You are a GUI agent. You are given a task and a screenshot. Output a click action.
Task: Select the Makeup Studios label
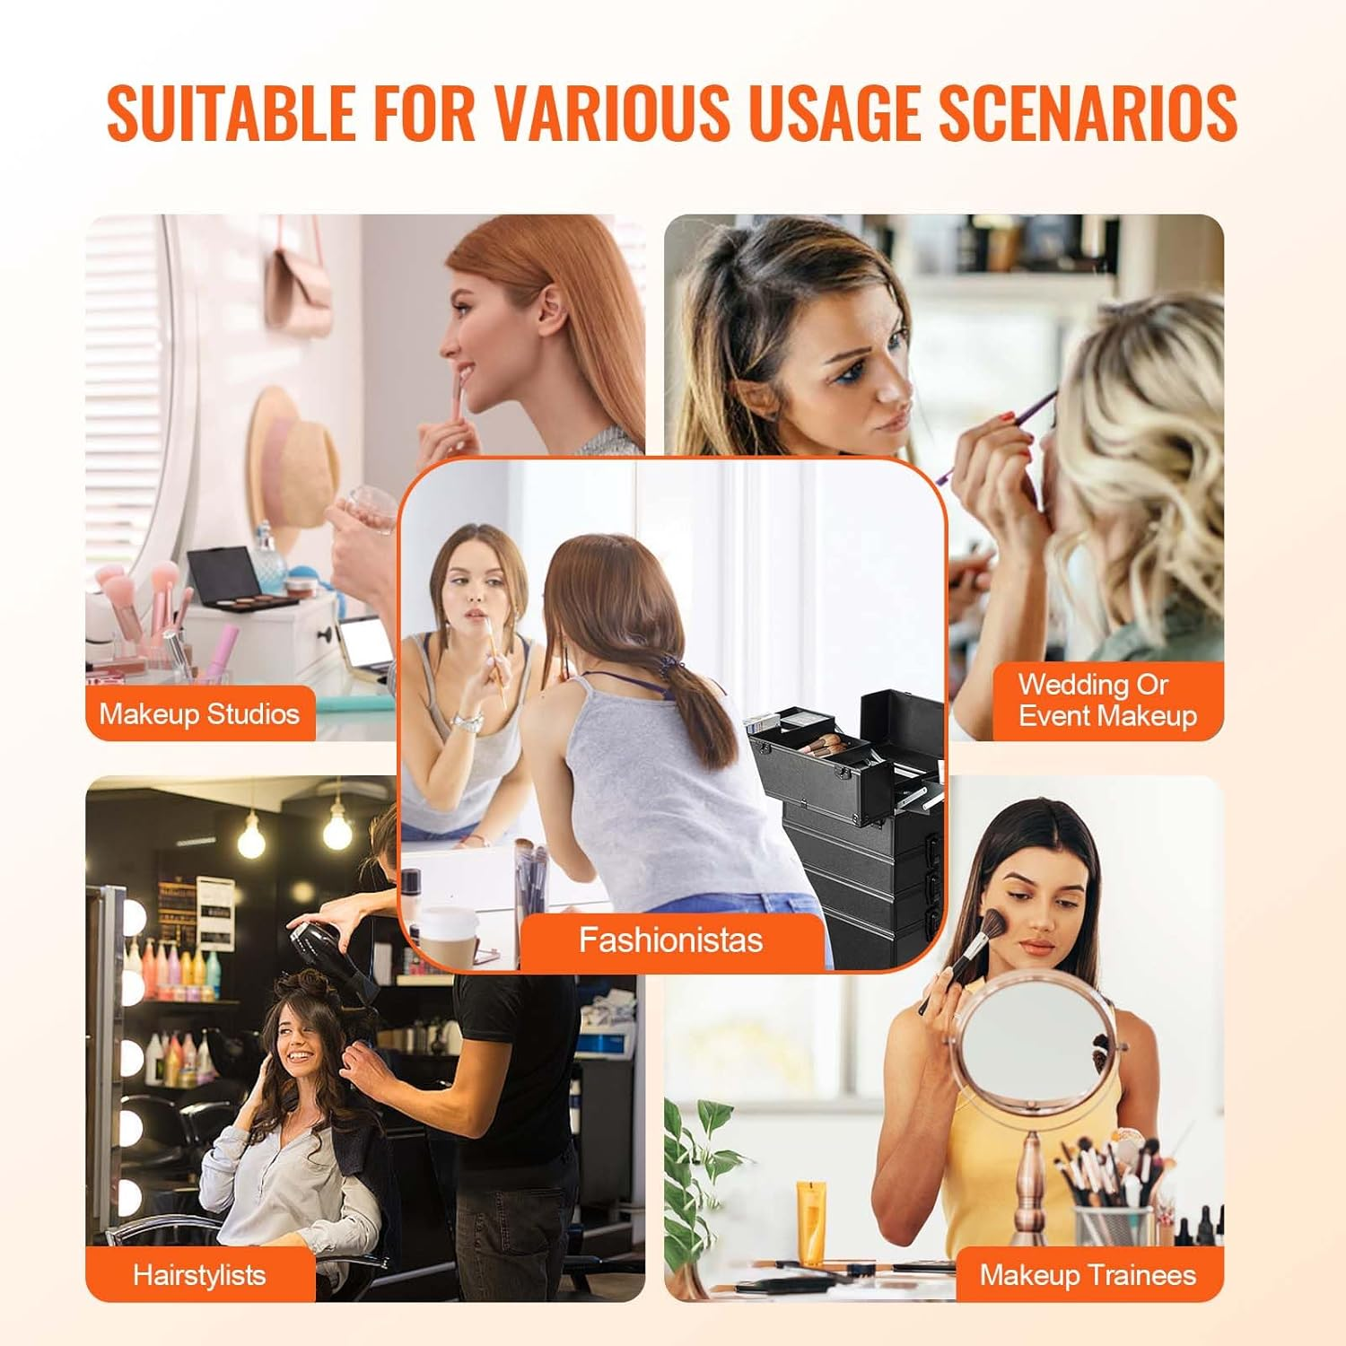click(199, 714)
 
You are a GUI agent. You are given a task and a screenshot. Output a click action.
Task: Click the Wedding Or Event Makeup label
click(1107, 701)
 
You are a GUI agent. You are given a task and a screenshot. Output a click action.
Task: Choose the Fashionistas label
click(670, 940)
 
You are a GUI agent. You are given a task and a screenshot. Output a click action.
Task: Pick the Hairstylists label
click(199, 1275)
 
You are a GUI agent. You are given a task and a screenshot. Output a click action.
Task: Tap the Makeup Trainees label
click(1088, 1275)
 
